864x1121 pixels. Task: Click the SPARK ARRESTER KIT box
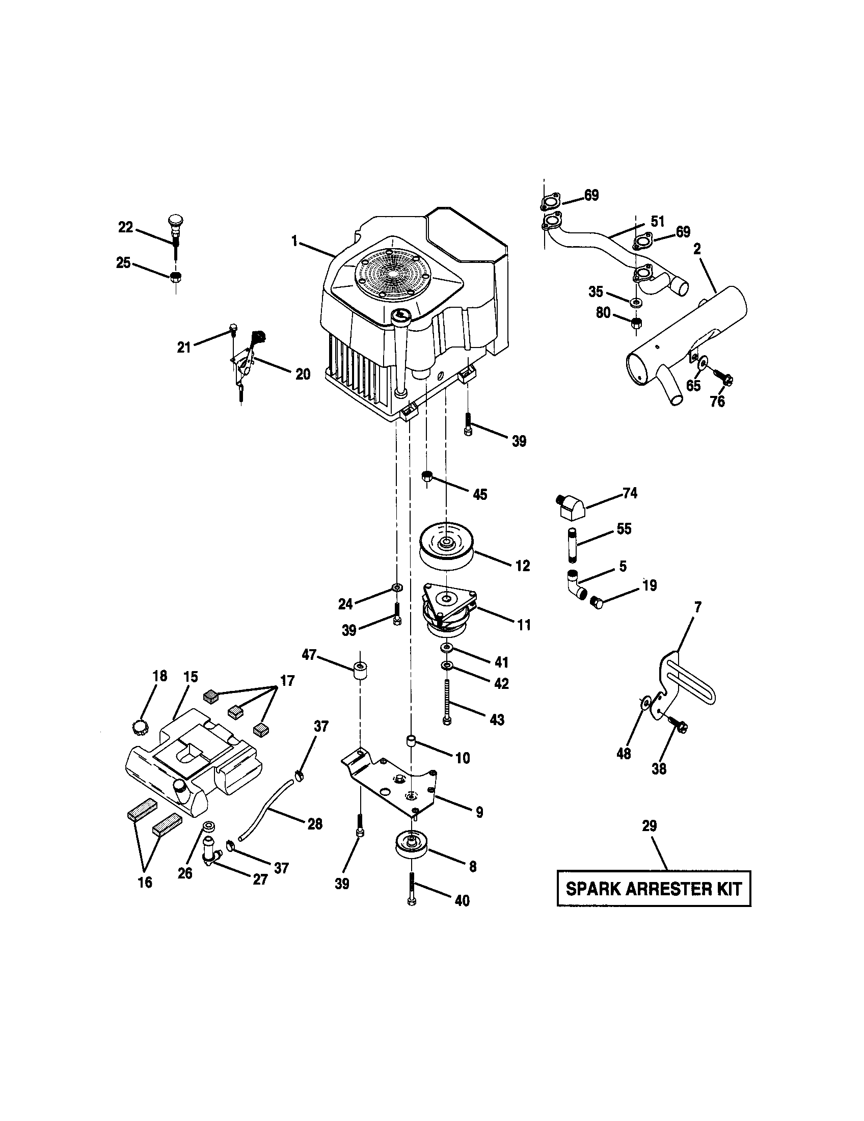tap(653, 889)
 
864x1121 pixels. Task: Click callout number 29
tap(649, 826)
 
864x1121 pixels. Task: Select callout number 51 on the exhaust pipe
tap(657, 222)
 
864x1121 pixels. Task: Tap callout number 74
tap(630, 493)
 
